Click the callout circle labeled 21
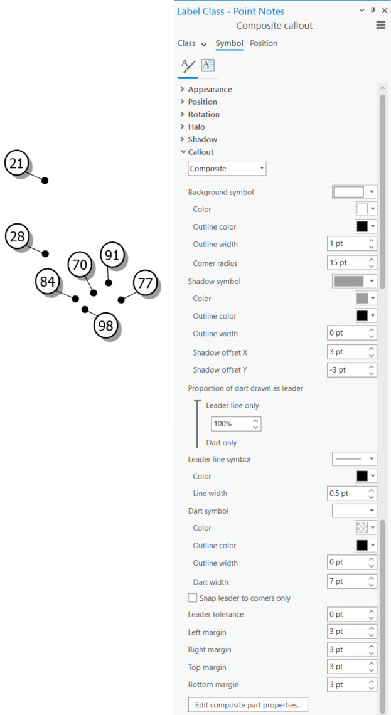[x=16, y=163]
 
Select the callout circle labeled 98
[x=105, y=326]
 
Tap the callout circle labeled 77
[x=145, y=283]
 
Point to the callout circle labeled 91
[x=112, y=255]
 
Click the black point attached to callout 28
[x=45, y=253]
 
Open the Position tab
[x=263, y=43]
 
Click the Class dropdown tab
[x=192, y=44]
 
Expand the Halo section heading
[x=196, y=127]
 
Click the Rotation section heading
[x=203, y=114]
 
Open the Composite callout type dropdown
[x=227, y=169]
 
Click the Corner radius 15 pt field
[x=352, y=263]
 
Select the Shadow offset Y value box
[x=352, y=370]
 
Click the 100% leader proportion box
[x=236, y=424]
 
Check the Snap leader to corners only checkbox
[x=193, y=598]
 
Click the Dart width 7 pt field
[x=352, y=581]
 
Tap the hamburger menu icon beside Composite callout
[x=381, y=26]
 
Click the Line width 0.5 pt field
[x=352, y=494]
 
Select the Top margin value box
[x=352, y=667]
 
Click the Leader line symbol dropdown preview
[x=355, y=458]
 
